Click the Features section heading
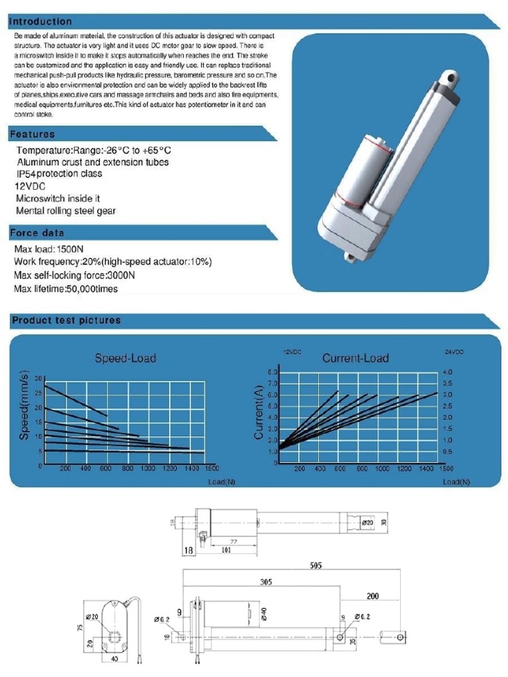coord(32,134)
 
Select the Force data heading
coord(37,233)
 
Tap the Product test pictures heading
coord(67,321)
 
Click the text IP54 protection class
coord(60,174)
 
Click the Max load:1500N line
coord(49,249)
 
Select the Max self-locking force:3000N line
coord(74,276)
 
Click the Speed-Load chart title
coord(126,358)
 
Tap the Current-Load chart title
coord(355,358)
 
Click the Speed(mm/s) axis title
coord(24,405)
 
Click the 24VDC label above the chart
coord(454,352)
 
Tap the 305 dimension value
coord(265,582)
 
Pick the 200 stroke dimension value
coord(372,596)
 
